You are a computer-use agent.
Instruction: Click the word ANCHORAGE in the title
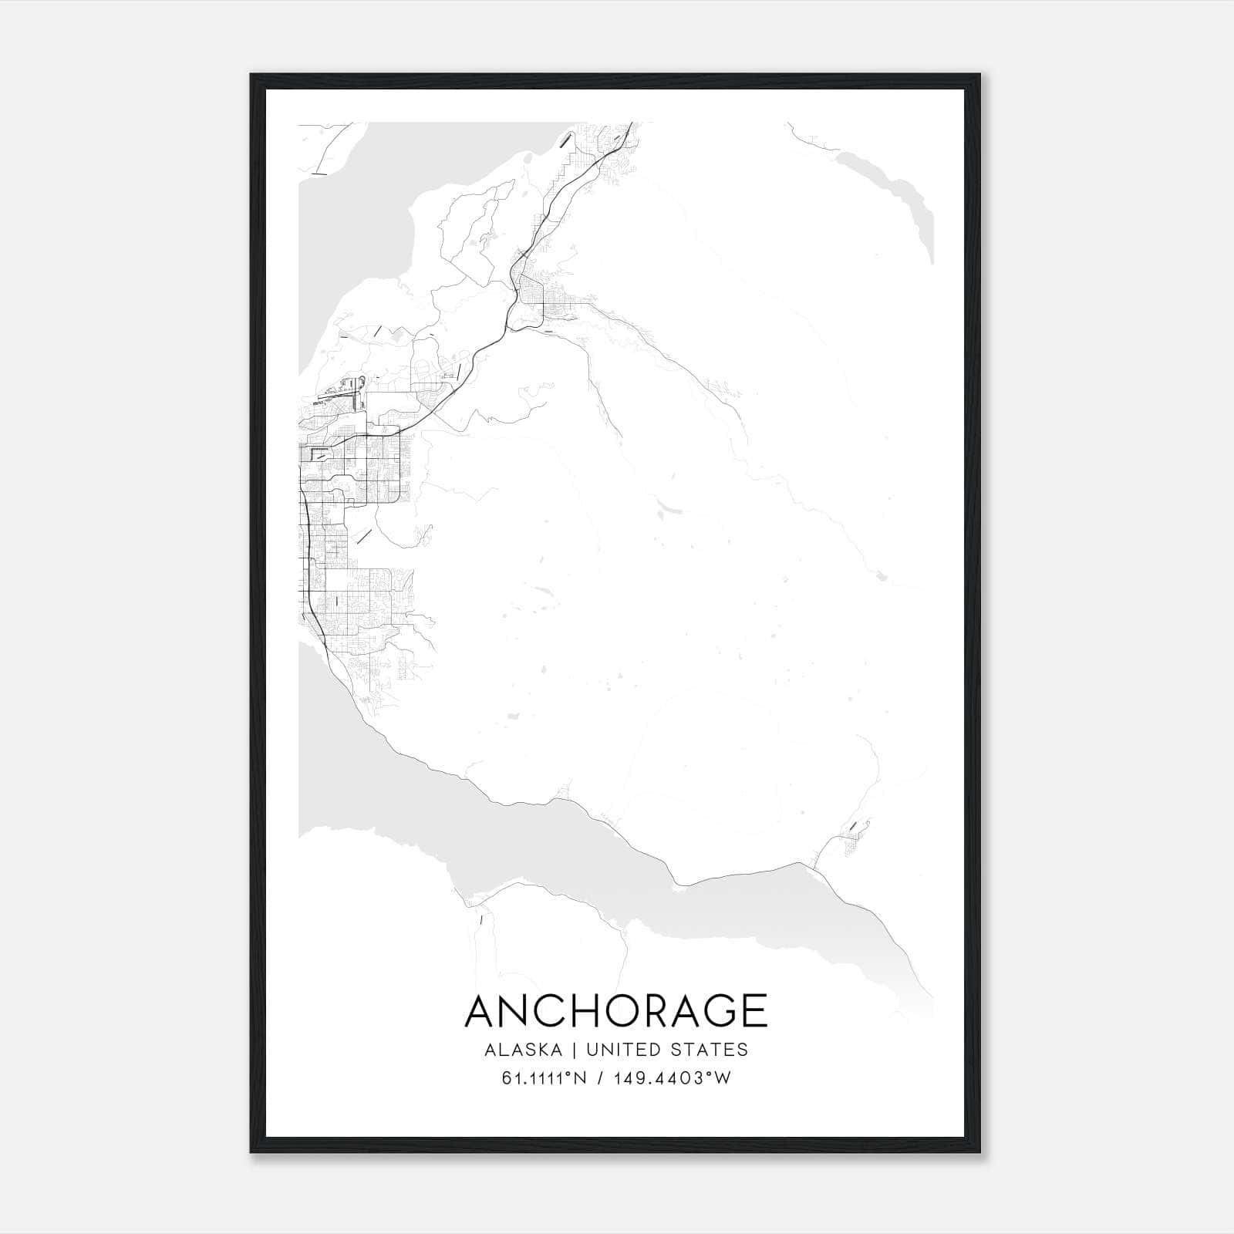click(x=616, y=1011)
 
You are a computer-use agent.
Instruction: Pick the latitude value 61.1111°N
click(x=545, y=1079)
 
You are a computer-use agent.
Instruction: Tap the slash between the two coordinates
click(x=601, y=1079)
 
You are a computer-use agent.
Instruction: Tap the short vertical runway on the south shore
click(x=480, y=919)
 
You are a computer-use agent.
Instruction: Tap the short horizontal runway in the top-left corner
click(x=319, y=174)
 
